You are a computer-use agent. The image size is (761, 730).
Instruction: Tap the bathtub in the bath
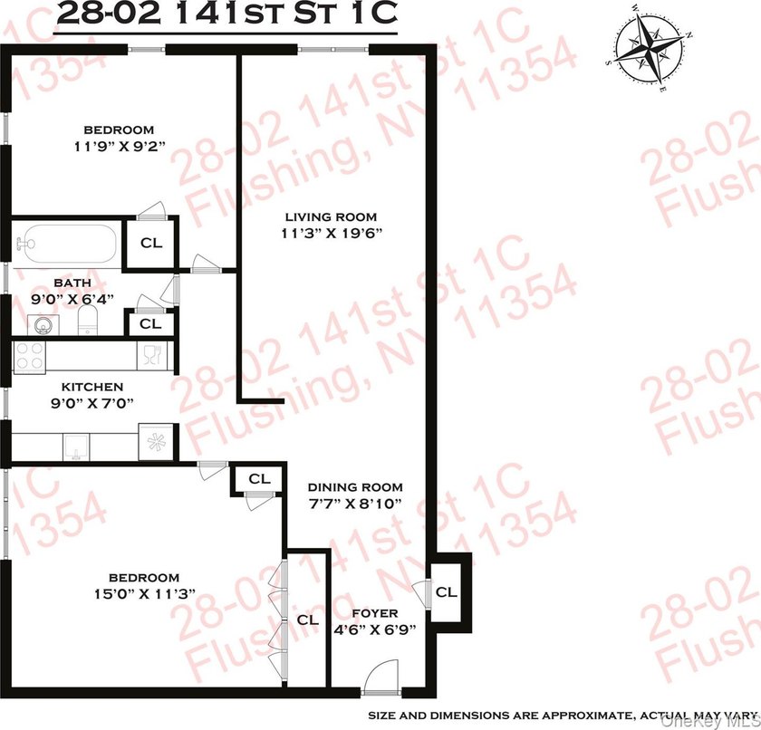tap(65, 245)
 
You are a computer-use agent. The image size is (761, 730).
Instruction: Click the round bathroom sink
tap(43, 324)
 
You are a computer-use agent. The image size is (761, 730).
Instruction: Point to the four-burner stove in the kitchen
tap(29, 358)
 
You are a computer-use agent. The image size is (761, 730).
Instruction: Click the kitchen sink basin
tap(76, 447)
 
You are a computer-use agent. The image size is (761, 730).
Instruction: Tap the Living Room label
tap(331, 216)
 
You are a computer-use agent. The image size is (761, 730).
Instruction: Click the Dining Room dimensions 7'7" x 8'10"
tap(355, 504)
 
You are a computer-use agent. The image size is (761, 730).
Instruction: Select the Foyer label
tap(375, 613)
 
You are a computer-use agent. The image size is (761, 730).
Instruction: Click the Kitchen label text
tap(92, 387)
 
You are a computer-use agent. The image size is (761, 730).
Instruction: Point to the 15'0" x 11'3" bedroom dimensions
tap(144, 594)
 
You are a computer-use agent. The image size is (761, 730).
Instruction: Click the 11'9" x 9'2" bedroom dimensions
tap(120, 146)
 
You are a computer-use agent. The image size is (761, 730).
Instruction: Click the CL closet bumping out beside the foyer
tap(446, 591)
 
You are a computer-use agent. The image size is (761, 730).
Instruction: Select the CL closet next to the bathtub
tap(151, 243)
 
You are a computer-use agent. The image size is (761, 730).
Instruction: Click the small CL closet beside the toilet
tap(150, 323)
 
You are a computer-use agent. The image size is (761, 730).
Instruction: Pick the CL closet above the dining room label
tap(259, 479)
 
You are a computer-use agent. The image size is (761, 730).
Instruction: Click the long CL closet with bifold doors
tap(307, 620)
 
